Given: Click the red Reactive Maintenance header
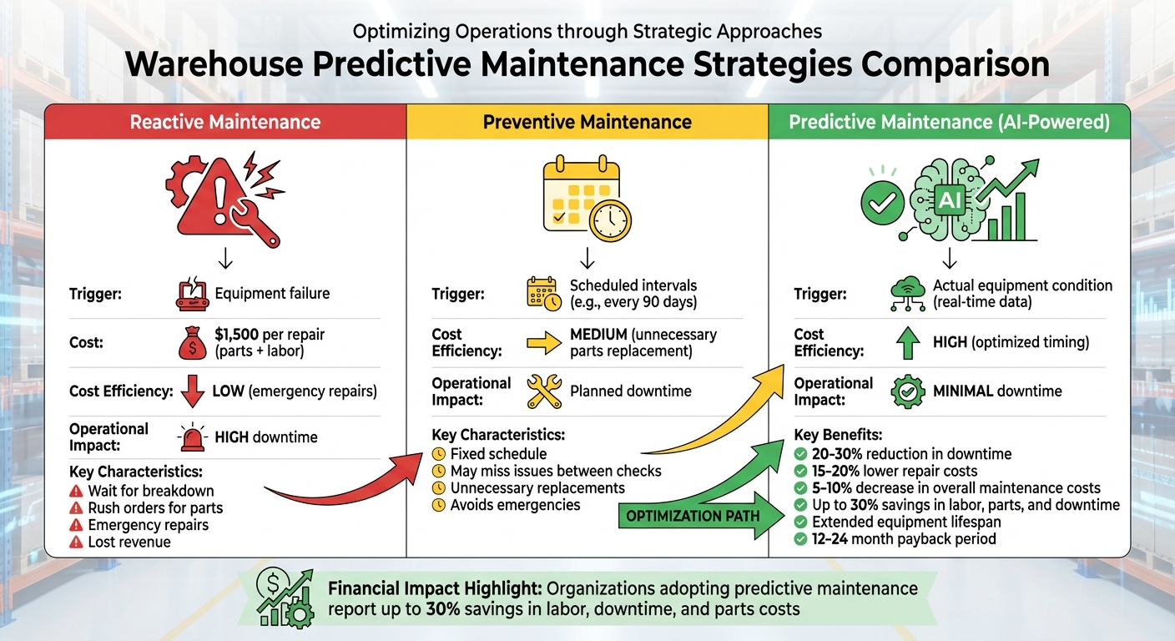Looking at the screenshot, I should point(225,122).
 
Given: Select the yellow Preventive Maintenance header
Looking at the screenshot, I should point(587,122).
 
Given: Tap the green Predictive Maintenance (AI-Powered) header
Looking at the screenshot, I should point(949,122).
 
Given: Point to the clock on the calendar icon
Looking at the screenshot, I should point(609,219).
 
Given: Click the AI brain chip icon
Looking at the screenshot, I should point(949,199).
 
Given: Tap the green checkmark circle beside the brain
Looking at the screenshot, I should point(883,199).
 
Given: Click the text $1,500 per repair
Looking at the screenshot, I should point(270,334).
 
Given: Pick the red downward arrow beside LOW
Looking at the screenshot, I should point(193,390).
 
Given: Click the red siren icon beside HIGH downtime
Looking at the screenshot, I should point(193,437).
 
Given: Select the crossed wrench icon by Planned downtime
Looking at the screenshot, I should point(545,391).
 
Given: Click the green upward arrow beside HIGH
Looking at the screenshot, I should point(909,342).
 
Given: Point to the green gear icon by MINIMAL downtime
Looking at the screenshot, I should point(909,391).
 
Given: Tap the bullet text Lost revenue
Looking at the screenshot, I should point(129,542).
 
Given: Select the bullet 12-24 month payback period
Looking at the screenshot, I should point(904,538).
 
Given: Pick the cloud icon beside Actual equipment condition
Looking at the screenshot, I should point(907,292).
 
